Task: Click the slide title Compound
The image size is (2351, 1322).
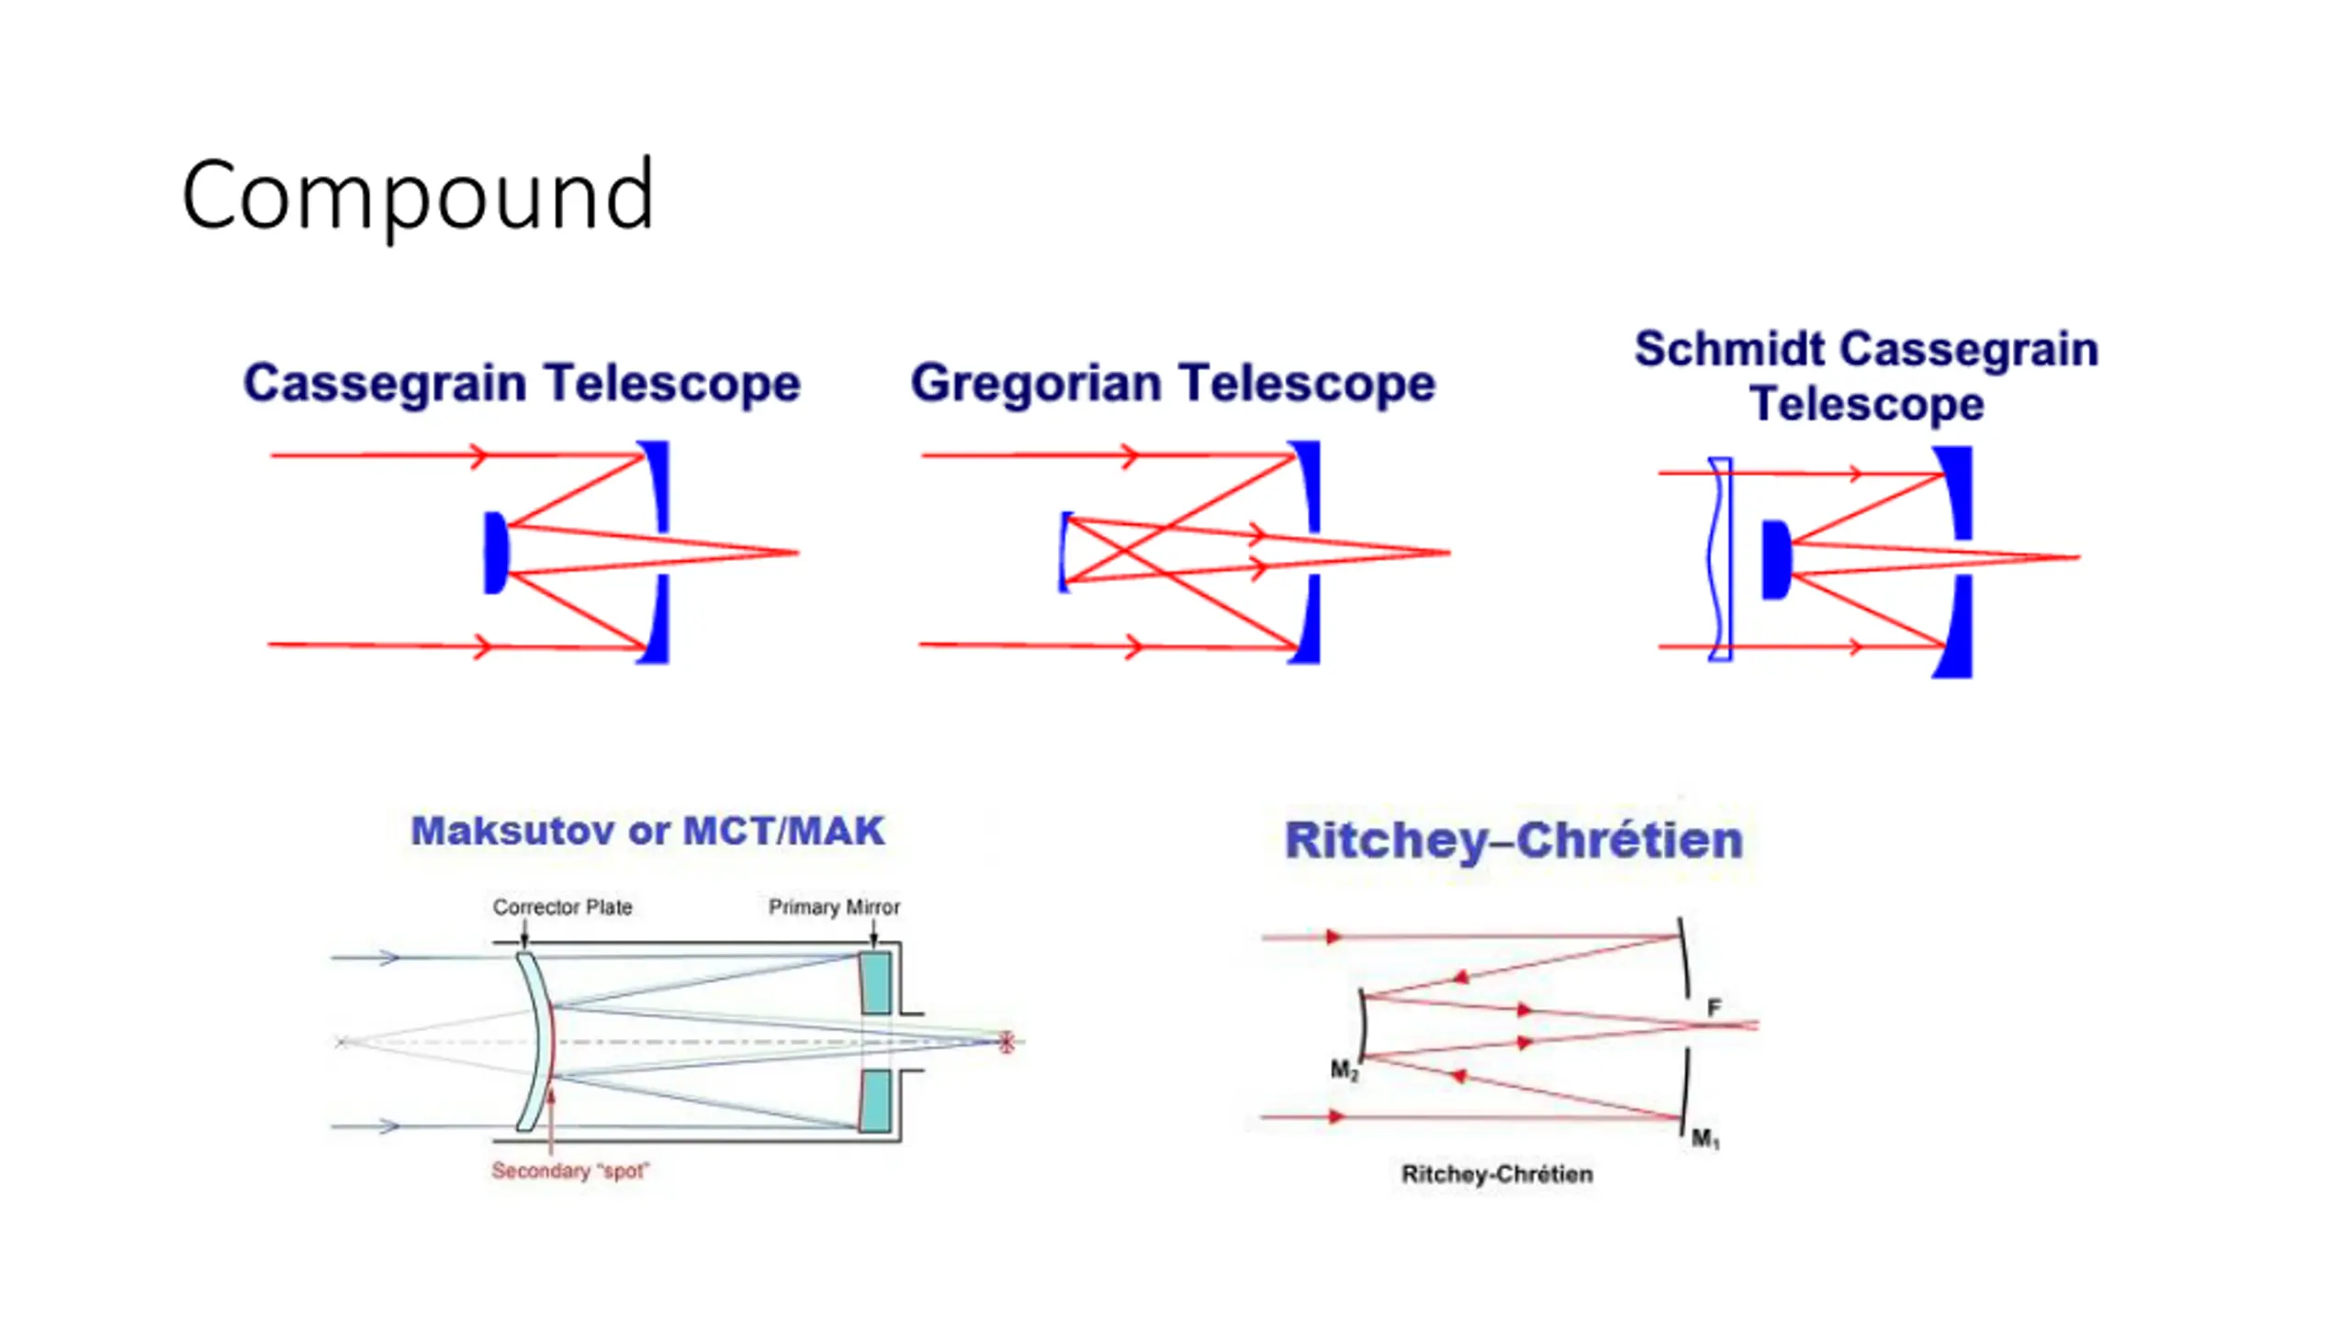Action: [418, 195]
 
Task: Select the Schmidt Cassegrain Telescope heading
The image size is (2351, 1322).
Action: [1866, 375]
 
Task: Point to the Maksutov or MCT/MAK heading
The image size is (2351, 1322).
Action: [647, 831]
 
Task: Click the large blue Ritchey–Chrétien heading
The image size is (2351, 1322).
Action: [1513, 840]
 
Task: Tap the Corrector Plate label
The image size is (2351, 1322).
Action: [562, 907]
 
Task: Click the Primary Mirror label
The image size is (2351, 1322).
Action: [834, 907]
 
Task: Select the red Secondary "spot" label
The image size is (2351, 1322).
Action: [570, 1171]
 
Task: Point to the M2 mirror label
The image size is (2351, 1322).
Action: [1344, 1070]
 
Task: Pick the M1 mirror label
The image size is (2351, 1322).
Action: [1705, 1139]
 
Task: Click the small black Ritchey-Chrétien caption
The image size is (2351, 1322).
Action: [1497, 1174]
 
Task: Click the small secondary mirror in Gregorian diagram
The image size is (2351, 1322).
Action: [1063, 552]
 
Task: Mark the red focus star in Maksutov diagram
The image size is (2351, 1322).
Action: [1007, 1042]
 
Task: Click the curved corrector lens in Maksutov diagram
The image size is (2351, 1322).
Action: [534, 1041]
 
